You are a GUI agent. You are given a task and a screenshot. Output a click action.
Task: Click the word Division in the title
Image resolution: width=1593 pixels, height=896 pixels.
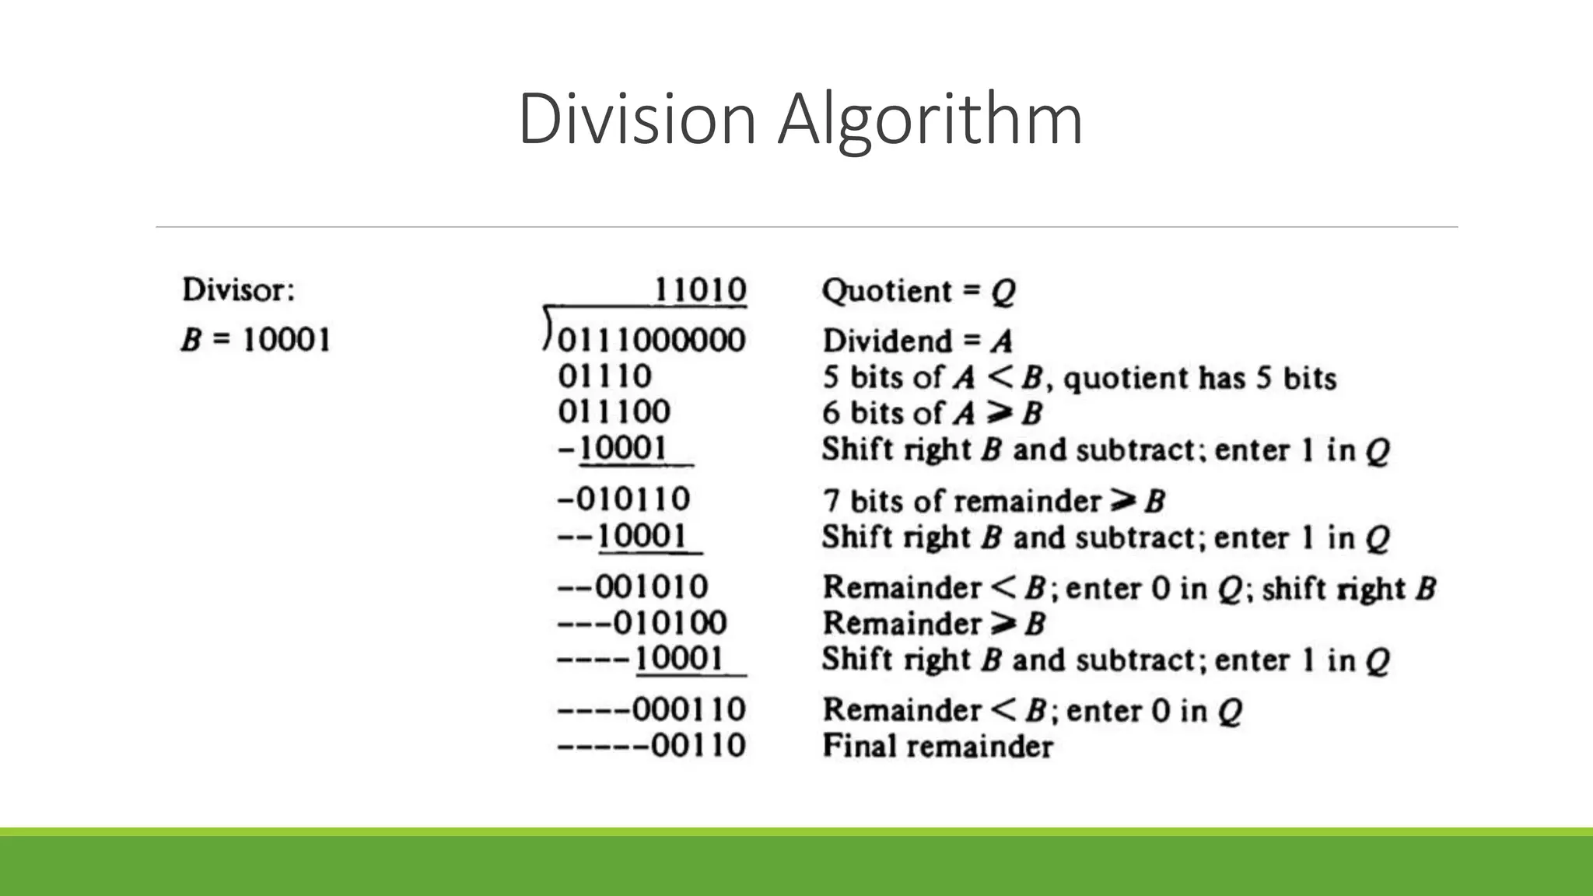[636, 119]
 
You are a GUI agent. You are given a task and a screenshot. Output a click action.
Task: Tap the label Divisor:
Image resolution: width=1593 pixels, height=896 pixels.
[239, 290]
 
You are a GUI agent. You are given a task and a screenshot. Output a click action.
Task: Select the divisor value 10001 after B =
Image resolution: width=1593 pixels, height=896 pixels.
[286, 340]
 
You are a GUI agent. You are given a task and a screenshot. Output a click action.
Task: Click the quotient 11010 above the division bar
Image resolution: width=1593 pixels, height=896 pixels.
[700, 290]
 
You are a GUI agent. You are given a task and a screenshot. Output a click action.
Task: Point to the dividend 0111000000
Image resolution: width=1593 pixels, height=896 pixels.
[652, 341]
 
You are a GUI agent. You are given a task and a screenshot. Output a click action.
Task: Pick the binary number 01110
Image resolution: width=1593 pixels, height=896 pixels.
[605, 376]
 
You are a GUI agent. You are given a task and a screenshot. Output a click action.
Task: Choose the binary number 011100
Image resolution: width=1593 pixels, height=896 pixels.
[614, 412]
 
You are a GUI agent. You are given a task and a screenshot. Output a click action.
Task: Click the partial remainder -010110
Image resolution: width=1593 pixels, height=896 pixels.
[624, 499]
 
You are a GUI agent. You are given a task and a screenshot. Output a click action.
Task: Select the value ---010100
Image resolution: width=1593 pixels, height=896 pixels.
[642, 623]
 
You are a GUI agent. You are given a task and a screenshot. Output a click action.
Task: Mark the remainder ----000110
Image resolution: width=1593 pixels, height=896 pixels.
[652, 709]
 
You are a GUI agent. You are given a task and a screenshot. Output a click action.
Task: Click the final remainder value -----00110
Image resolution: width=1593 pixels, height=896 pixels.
[652, 745]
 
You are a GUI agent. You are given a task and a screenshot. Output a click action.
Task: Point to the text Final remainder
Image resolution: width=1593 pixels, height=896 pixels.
[937, 747]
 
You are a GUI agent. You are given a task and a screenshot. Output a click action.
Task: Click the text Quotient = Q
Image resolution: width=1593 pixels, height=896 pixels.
[919, 292]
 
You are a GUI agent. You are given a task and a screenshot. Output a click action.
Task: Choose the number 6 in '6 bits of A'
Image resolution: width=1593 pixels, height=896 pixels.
[831, 413]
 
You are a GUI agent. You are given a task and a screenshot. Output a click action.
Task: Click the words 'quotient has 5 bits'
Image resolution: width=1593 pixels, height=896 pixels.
[1199, 379]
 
